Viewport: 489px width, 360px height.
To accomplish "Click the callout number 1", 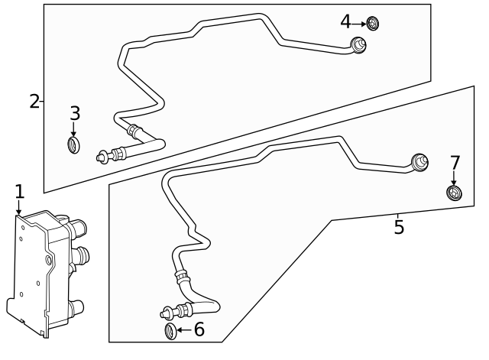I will (x=20, y=190).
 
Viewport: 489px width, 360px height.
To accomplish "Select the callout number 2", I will (x=34, y=100).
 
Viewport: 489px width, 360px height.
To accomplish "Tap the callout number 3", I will (x=75, y=114).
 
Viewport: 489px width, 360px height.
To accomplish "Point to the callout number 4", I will (x=346, y=22).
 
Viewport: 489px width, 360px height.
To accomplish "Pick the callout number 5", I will (x=398, y=227).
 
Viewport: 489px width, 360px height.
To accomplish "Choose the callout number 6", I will (x=199, y=329).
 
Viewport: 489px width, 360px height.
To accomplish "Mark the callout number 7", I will (x=455, y=163).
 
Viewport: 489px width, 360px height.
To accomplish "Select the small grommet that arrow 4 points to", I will (x=373, y=23).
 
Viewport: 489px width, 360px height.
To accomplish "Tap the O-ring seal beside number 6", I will (x=170, y=331).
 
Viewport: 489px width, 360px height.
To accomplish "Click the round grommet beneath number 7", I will (x=454, y=193).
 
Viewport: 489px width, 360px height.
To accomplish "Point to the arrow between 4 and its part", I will (x=359, y=23).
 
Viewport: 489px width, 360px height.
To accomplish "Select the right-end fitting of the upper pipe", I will (x=358, y=45).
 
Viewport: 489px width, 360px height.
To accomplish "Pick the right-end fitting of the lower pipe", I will (x=419, y=163).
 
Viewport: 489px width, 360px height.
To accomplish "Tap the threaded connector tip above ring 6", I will (x=166, y=313).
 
